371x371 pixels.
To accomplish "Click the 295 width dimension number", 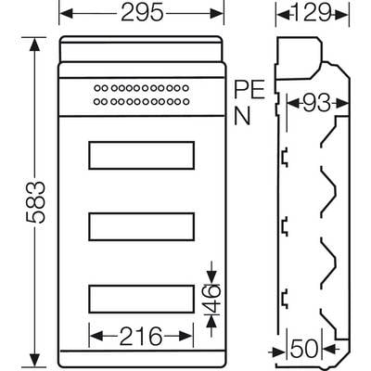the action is pos(142,13).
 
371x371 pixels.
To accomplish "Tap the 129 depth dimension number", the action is pos(312,13).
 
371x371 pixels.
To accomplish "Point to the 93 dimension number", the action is pos(317,103).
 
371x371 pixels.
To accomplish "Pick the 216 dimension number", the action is pos(141,336).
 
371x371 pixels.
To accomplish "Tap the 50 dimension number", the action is pos(304,349).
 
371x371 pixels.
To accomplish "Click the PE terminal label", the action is pos(249,89).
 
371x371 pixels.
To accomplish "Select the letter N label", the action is pos(242,116).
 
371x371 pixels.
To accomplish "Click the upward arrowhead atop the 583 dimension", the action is pos(34,44).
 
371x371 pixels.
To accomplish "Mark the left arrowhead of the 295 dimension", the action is pos(66,13).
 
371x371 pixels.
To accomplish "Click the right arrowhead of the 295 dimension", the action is pos(216,13).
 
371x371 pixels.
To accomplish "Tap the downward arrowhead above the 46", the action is pos(211,277).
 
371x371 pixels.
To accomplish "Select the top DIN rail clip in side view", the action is pos(284,158).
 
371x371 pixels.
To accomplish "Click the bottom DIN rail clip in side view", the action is pos(284,299).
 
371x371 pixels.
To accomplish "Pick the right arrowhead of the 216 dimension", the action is pos(186,336).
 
